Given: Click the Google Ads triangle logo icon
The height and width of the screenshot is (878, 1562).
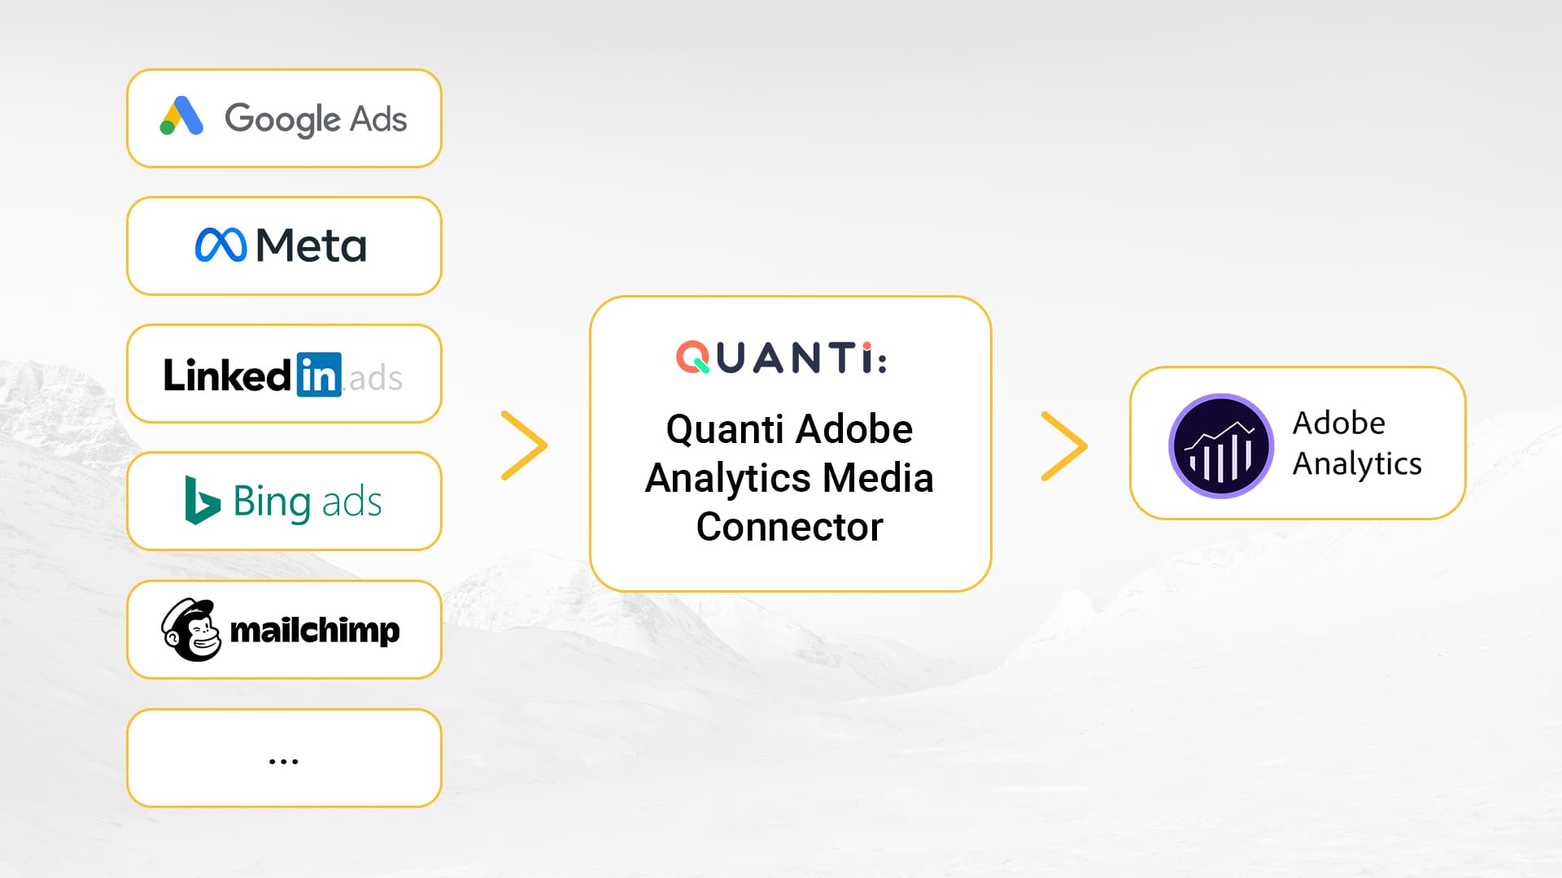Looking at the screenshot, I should (181, 116).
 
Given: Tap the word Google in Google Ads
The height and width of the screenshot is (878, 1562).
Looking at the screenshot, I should (281, 120).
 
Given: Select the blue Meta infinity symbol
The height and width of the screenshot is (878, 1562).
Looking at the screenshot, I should (220, 246).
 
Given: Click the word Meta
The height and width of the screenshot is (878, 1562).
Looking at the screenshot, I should (311, 246).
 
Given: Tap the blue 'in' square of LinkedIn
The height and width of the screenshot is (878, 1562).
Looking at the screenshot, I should (318, 375).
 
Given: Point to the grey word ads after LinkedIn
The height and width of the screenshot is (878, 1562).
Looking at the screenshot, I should (375, 378).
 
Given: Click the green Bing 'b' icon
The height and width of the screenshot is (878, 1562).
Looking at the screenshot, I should (201, 500).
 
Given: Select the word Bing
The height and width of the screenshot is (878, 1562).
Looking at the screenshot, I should (272, 502).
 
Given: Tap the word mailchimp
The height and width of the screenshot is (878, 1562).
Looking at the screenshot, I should (315, 630).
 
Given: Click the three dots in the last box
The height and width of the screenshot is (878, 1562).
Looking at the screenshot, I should (283, 762).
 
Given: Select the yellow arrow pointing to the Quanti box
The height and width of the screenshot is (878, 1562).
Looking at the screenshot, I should (524, 446).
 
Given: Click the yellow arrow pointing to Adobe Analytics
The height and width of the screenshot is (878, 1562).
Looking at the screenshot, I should (1064, 446).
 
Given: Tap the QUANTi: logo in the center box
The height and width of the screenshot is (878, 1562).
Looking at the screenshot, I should (781, 358).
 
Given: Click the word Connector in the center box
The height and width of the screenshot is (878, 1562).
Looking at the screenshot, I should (789, 527).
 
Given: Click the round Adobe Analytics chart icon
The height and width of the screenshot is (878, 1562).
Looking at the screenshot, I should (1220, 446).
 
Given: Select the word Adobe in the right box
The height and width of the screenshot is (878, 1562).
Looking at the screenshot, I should (1338, 423).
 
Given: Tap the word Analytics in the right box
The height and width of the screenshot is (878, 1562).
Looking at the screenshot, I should (1357, 464).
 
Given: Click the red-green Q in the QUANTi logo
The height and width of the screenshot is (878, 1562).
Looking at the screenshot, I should (693, 358).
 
